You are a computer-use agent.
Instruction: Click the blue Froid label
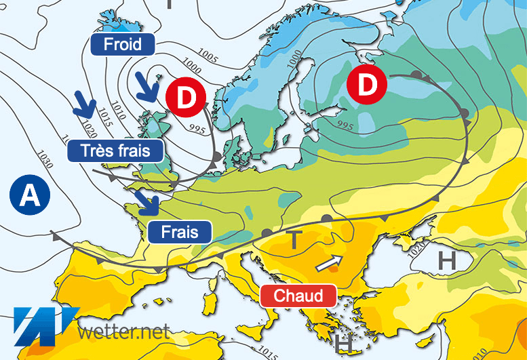coord(123,45)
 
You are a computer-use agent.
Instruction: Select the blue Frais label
coord(179,232)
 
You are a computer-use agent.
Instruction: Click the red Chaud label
coord(298,295)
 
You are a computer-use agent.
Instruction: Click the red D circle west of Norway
coord(186,96)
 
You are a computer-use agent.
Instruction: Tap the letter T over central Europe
coord(294,239)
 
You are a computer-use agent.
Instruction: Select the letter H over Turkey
coord(446,259)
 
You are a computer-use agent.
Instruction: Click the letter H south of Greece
coord(345,344)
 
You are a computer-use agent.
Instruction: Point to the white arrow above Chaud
coord(329,262)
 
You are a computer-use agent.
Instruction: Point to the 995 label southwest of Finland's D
coord(345,126)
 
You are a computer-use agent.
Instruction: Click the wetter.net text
coord(122,332)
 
